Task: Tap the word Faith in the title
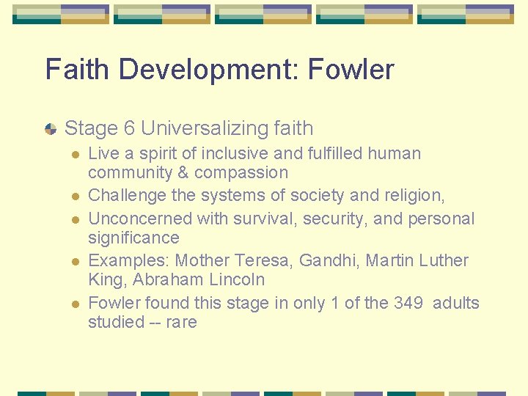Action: coord(77,70)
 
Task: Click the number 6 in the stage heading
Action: coord(129,128)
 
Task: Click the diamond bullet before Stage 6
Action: coord(51,129)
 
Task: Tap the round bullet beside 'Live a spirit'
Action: coord(73,155)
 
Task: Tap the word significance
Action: coord(133,238)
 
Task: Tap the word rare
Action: coord(180,322)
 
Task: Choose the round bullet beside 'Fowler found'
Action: coord(73,304)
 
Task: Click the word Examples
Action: coord(128,260)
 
